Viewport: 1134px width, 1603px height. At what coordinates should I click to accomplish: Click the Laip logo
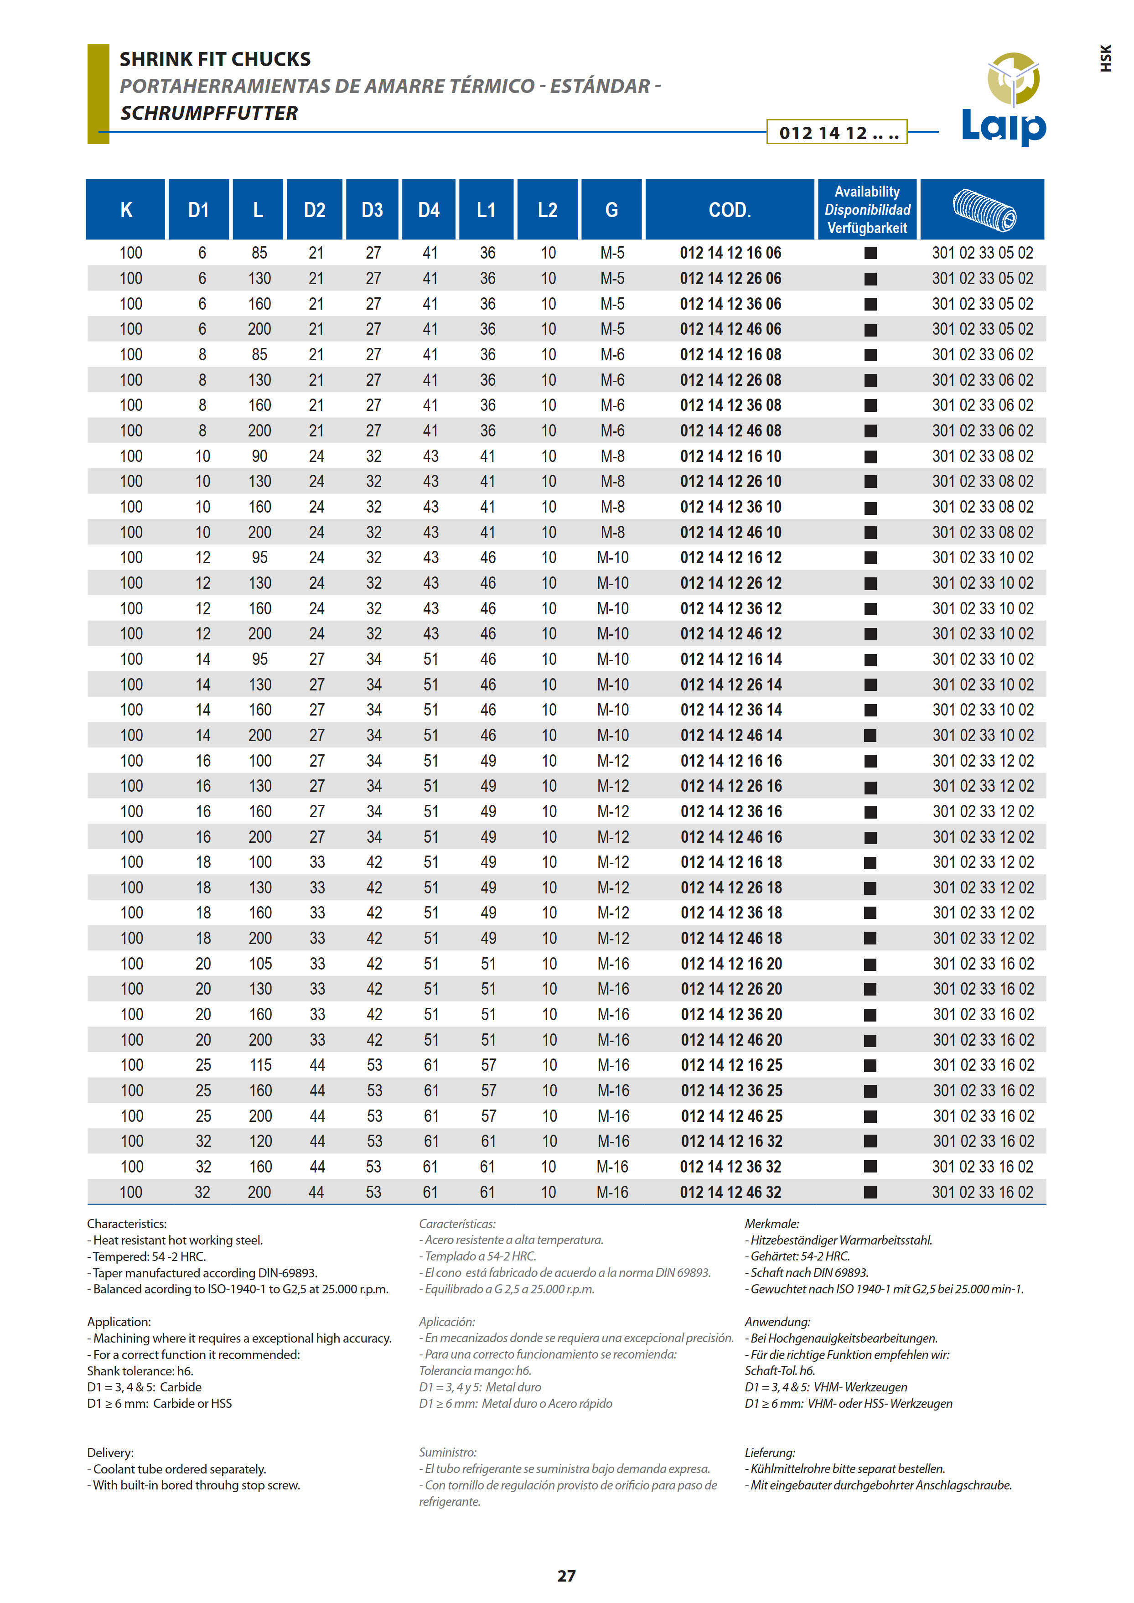point(1004,99)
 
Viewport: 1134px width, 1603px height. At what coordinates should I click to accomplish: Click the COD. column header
point(730,209)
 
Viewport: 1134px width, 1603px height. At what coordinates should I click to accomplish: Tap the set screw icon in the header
point(983,209)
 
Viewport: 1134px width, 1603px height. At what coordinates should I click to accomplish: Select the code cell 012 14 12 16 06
point(730,253)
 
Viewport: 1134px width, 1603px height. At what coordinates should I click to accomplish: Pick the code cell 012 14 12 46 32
point(730,1192)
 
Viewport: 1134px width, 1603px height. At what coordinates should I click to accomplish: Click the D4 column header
point(429,209)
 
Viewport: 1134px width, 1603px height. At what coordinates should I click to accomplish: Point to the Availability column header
point(867,209)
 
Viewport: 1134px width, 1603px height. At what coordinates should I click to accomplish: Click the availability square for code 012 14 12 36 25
point(870,1091)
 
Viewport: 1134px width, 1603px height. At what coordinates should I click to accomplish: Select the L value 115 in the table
point(260,1065)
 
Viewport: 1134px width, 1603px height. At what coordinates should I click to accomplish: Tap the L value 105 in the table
point(260,964)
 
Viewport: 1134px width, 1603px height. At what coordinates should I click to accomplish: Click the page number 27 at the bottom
point(566,1576)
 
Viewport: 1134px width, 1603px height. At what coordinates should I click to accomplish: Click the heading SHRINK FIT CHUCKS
point(215,59)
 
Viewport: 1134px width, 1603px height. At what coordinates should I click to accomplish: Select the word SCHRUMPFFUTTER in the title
point(209,113)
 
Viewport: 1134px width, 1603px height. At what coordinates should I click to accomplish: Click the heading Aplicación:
point(447,1322)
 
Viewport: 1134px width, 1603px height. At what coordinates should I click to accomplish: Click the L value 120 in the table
point(260,1141)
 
